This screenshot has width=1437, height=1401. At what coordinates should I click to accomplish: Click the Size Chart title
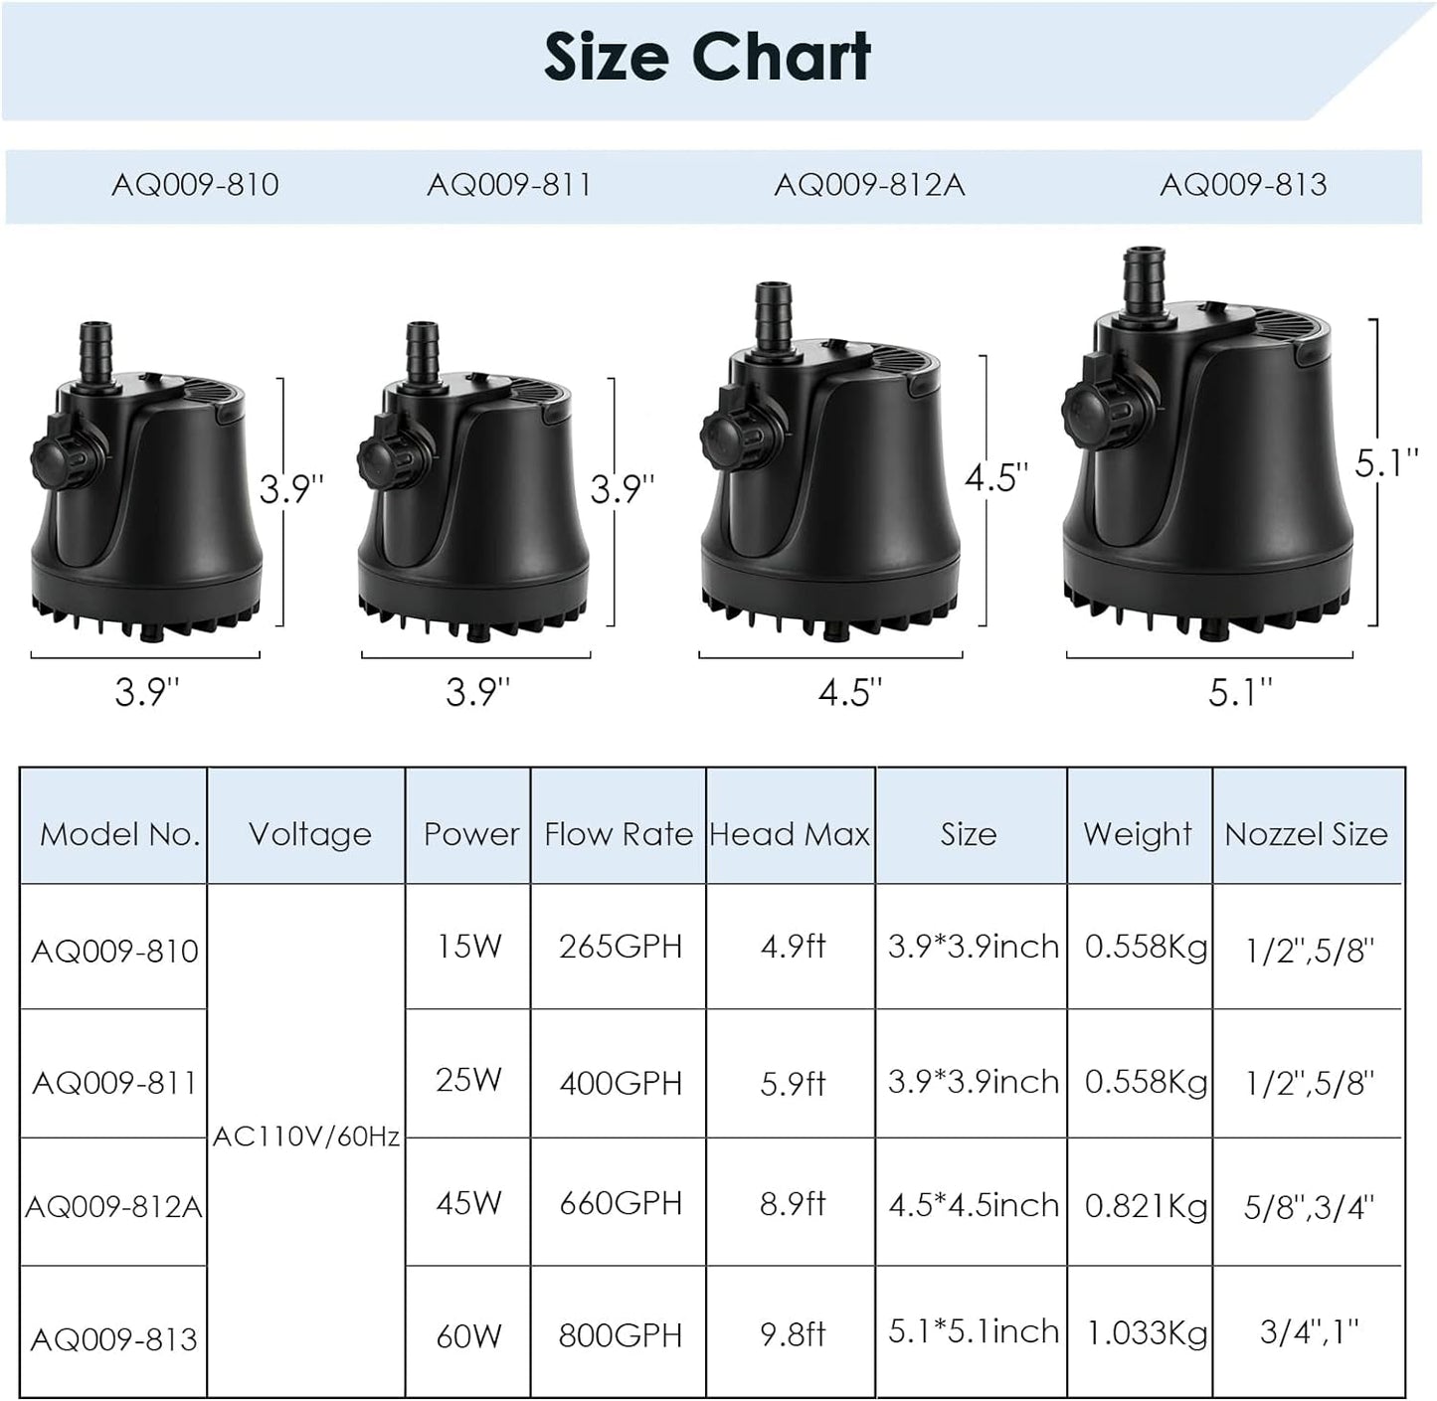coord(707,57)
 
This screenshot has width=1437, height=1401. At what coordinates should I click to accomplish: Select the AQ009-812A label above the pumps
coord(869,185)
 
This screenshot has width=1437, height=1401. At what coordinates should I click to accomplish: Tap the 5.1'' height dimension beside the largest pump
coord(1386,464)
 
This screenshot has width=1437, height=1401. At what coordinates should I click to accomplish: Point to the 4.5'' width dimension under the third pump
coord(850,692)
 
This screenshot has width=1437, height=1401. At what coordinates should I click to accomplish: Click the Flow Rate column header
coord(618,834)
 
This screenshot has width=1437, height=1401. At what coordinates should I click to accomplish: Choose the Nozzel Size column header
coord(1306,834)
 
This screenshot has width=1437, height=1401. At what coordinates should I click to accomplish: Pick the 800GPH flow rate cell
coord(620,1334)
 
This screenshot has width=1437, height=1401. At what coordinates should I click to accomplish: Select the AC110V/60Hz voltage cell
coord(306,1137)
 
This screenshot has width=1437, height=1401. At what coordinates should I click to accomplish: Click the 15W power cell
coord(468,946)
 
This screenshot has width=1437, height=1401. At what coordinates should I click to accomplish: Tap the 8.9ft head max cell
coord(793,1204)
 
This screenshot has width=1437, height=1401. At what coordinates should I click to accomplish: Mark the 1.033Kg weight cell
coord(1146,1333)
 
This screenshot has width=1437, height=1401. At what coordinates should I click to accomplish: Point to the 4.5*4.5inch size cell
coord(974,1205)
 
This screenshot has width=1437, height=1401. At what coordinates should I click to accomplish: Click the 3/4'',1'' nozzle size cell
coord(1309,1331)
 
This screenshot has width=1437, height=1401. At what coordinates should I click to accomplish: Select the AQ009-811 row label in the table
coord(114,1082)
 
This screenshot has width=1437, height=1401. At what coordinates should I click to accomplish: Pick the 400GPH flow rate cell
coord(620,1082)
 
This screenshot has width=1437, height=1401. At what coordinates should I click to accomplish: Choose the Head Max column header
coord(790,834)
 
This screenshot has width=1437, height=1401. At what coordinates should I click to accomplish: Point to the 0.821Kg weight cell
coord(1146,1205)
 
